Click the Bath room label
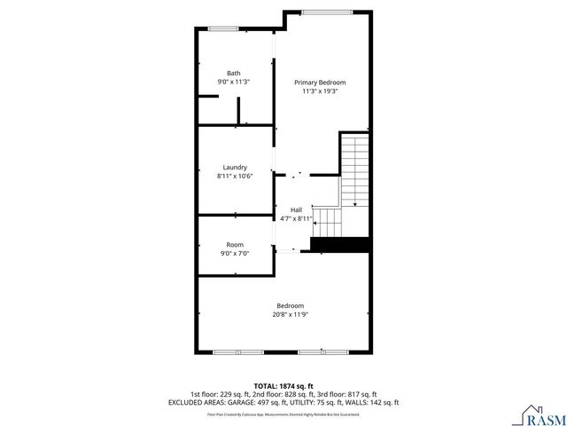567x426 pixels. click(234, 74)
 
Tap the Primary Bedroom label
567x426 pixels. click(320, 83)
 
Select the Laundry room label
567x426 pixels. click(235, 167)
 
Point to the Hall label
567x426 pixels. click(296, 209)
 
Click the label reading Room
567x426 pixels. click(235, 245)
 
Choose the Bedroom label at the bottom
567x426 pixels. click(290, 305)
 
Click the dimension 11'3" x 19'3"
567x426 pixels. click(320, 91)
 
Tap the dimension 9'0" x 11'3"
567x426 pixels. click(234, 82)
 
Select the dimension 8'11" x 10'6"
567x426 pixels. click(235, 176)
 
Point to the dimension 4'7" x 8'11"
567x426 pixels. click(296, 218)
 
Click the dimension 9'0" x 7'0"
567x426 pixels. click(235, 253)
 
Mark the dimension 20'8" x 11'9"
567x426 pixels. click(290, 314)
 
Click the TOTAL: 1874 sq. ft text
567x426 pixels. click(283, 386)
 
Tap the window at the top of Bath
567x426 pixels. click(224, 29)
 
